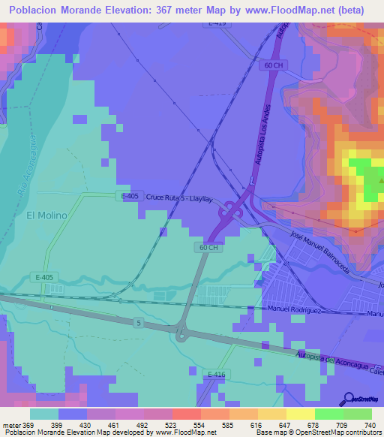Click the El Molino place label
[x=46, y=215]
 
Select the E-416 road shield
[x=217, y=374]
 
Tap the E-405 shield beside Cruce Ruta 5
[x=130, y=196]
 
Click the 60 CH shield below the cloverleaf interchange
[x=209, y=247]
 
